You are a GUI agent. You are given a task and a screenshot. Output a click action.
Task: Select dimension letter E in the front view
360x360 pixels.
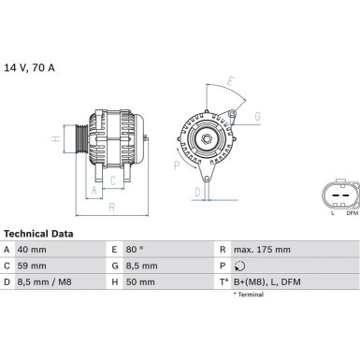[x=230, y=81]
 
